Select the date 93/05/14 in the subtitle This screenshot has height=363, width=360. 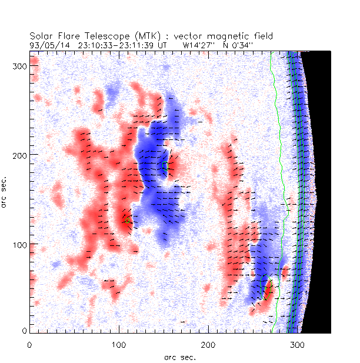coord(46,44)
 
